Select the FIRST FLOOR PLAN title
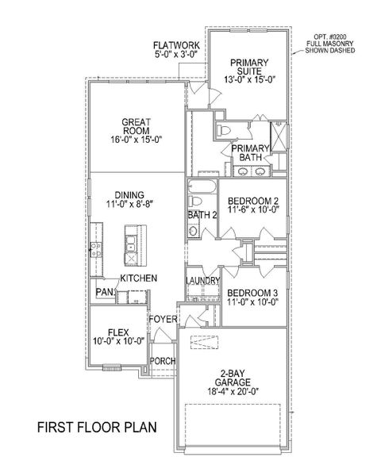pos(97,428)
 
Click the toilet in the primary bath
pos(224,129)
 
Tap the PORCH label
pos(163,361)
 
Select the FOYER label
pos(162,320)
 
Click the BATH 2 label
pos(202,214)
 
